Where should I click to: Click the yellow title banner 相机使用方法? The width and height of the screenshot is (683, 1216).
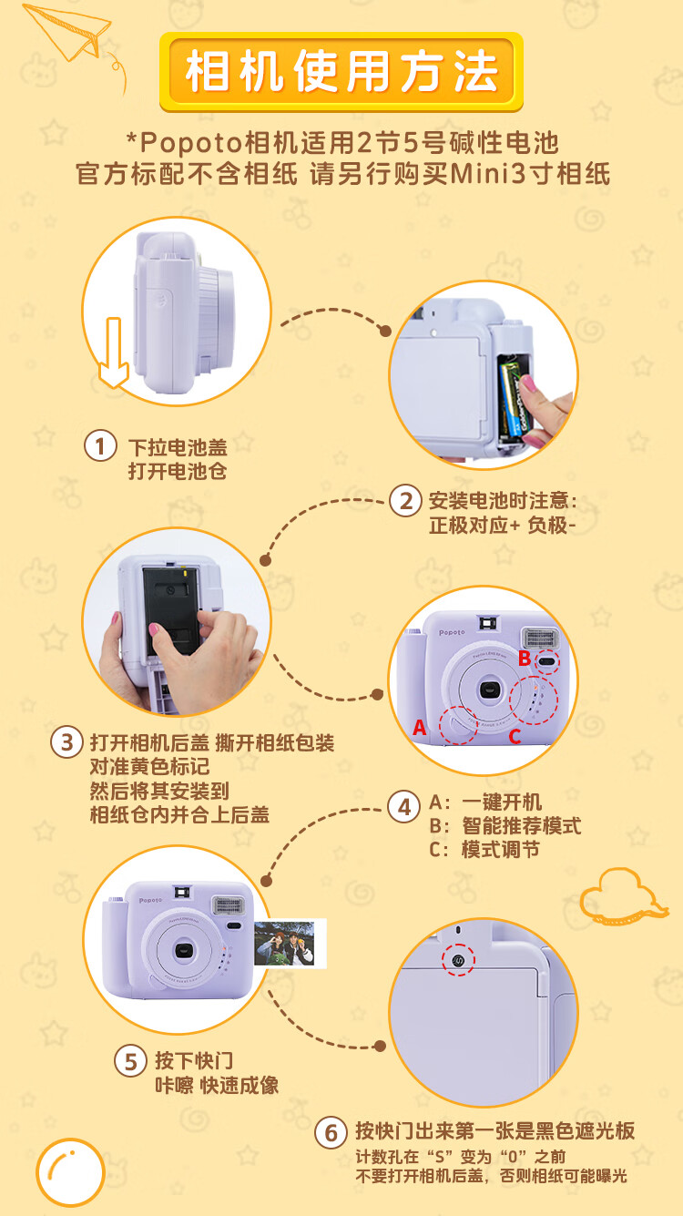click(x=341, y=72)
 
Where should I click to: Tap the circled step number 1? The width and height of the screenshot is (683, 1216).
click(x=100, y=445)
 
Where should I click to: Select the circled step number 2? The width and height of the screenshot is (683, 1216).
click(x=405, y=500)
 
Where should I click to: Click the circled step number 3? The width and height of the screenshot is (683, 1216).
click(x=66, y=742)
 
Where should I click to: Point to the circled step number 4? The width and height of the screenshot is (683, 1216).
click(x=404, y=807)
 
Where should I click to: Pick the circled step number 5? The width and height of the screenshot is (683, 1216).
click(x=130, y=1061)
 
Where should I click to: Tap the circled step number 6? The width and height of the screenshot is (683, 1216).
click(x=331, y=1133)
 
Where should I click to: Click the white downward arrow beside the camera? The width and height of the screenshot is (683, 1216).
click(x=114, y=353)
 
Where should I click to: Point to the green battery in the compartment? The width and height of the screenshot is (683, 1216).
click(x=511, y=401)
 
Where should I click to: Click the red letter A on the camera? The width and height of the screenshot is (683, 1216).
click(x=420, y=728)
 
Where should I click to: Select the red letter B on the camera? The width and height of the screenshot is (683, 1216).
click(x=524, y=658)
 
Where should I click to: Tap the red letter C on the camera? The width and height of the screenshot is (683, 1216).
click(x=515, y=737)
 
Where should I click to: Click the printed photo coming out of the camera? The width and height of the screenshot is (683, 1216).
click(x=290, y=944)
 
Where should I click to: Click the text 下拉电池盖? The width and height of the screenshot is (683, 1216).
click(x=178, y=447)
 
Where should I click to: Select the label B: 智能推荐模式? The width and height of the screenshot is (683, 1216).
click(x=505, y=825)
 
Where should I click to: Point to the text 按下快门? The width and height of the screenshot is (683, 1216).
click(x=194, y=1060)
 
